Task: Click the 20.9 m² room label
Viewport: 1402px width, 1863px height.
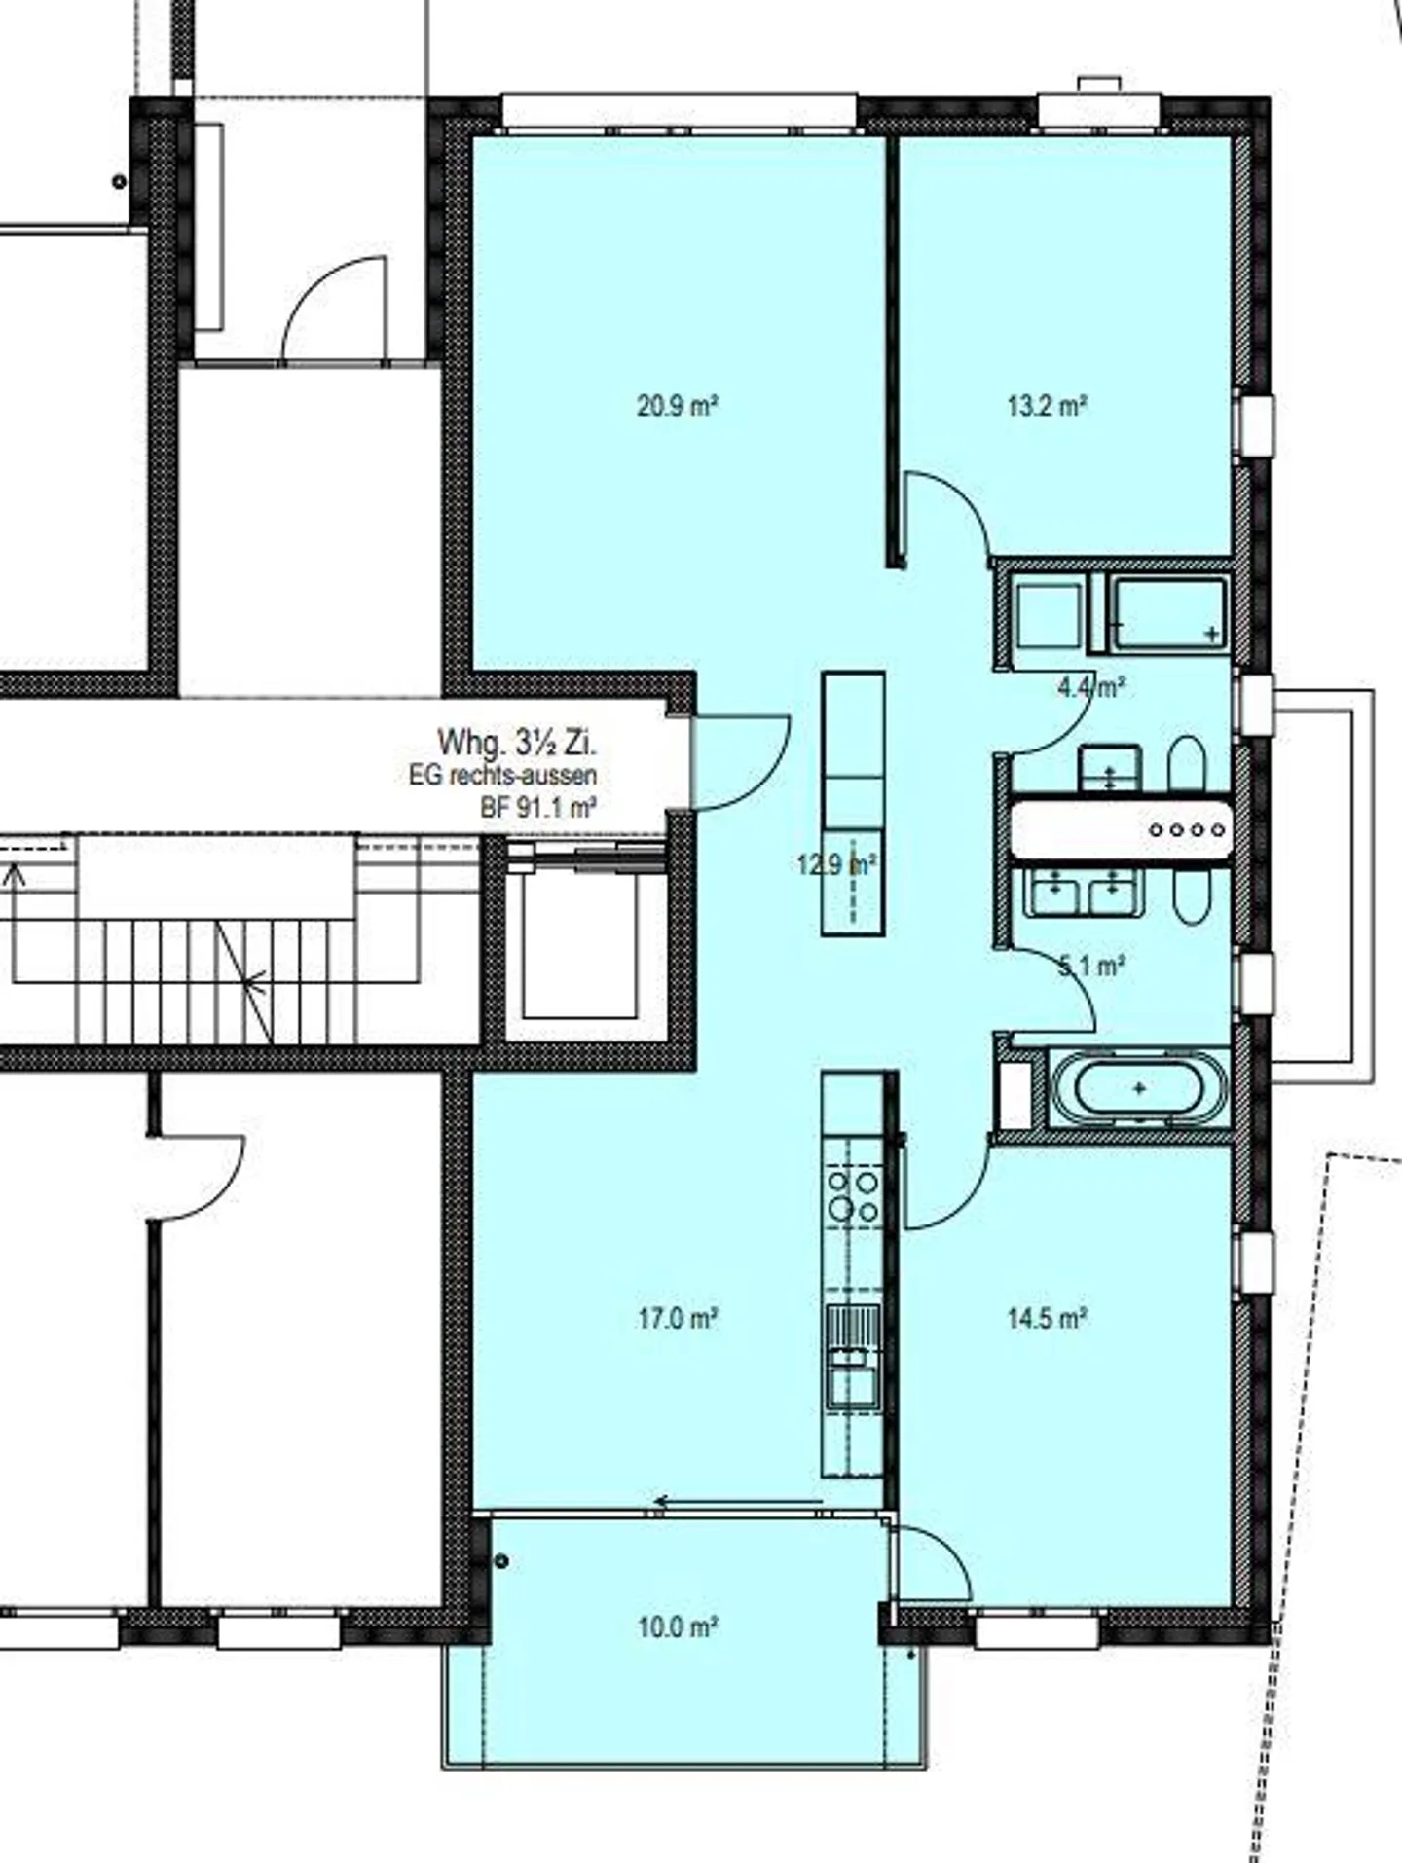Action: click(x=678, y=406)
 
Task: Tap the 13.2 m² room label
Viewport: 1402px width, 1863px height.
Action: click(x=1047, y=406)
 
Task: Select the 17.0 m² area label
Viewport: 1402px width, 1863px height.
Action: click(x=678, y=1319)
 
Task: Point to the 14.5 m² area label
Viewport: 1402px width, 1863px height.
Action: click(x=1047, y=1319)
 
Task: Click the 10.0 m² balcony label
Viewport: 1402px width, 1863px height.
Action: click(x=678, y=1626)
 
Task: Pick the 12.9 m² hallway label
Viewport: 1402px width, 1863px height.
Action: click(x=836, y=863)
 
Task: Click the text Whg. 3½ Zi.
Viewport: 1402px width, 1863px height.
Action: click(x=516, y=743)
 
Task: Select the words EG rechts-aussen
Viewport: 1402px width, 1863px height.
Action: click(x=502, y=776)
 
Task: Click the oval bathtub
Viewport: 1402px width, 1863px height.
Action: click(x=1139, y=1089)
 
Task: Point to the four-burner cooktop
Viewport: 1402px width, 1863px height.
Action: click(x=853, y=1195)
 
